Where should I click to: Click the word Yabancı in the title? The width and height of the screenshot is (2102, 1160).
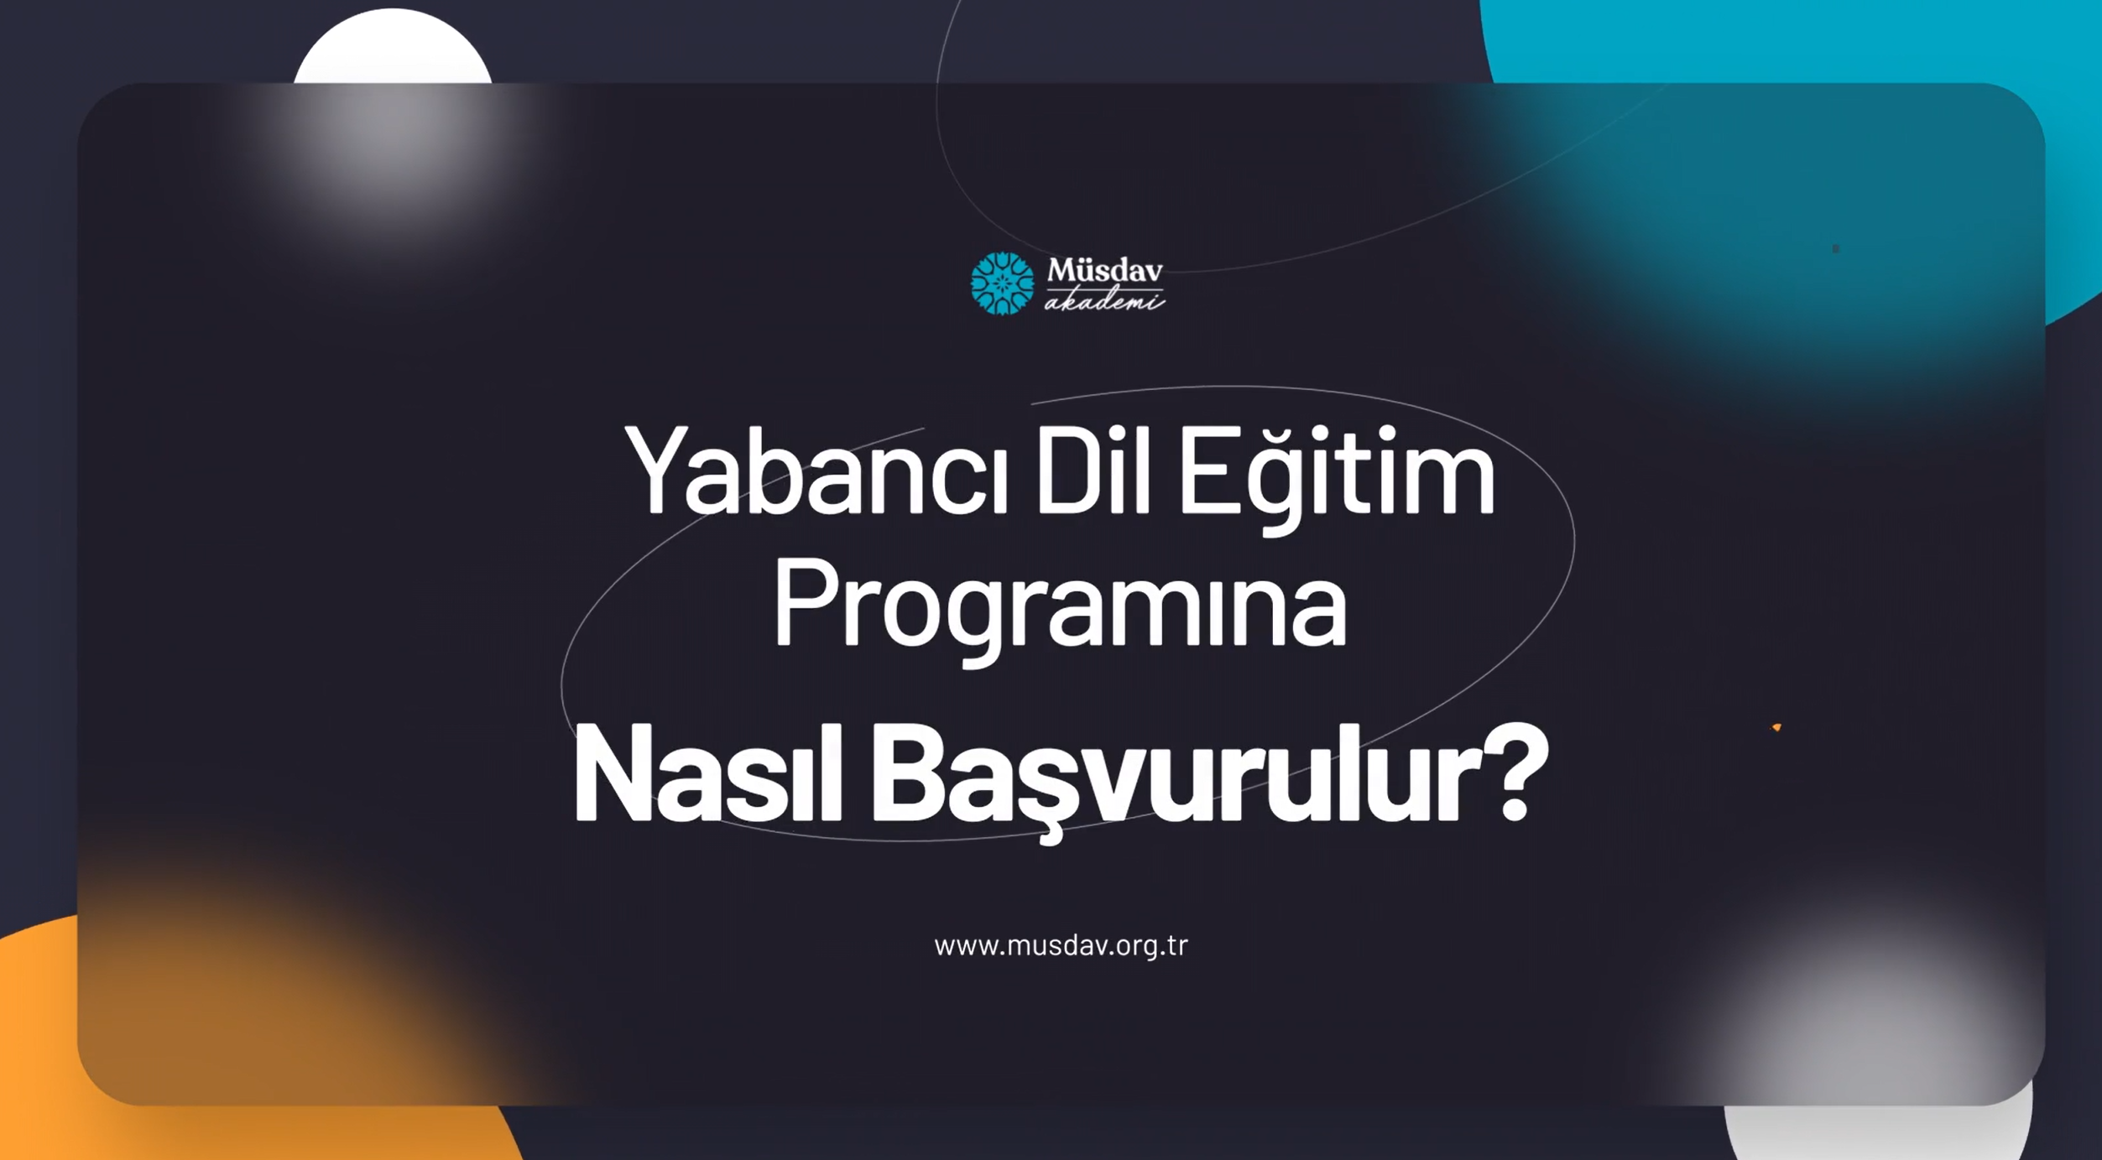coord(817,470)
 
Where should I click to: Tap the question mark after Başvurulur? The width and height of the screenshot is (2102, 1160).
coord(1515,771)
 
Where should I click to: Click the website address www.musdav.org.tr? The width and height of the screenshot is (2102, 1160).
coord(1061,945)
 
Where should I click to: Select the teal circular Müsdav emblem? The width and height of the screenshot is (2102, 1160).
coord(1002,283)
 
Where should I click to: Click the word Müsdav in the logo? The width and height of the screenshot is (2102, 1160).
coord(1105,271)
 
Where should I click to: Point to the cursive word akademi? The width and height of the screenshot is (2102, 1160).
coord(1104,300)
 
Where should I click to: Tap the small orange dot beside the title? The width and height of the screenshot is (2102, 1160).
coord(1776,727)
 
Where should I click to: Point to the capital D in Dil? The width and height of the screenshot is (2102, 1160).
coord(1070,470)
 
